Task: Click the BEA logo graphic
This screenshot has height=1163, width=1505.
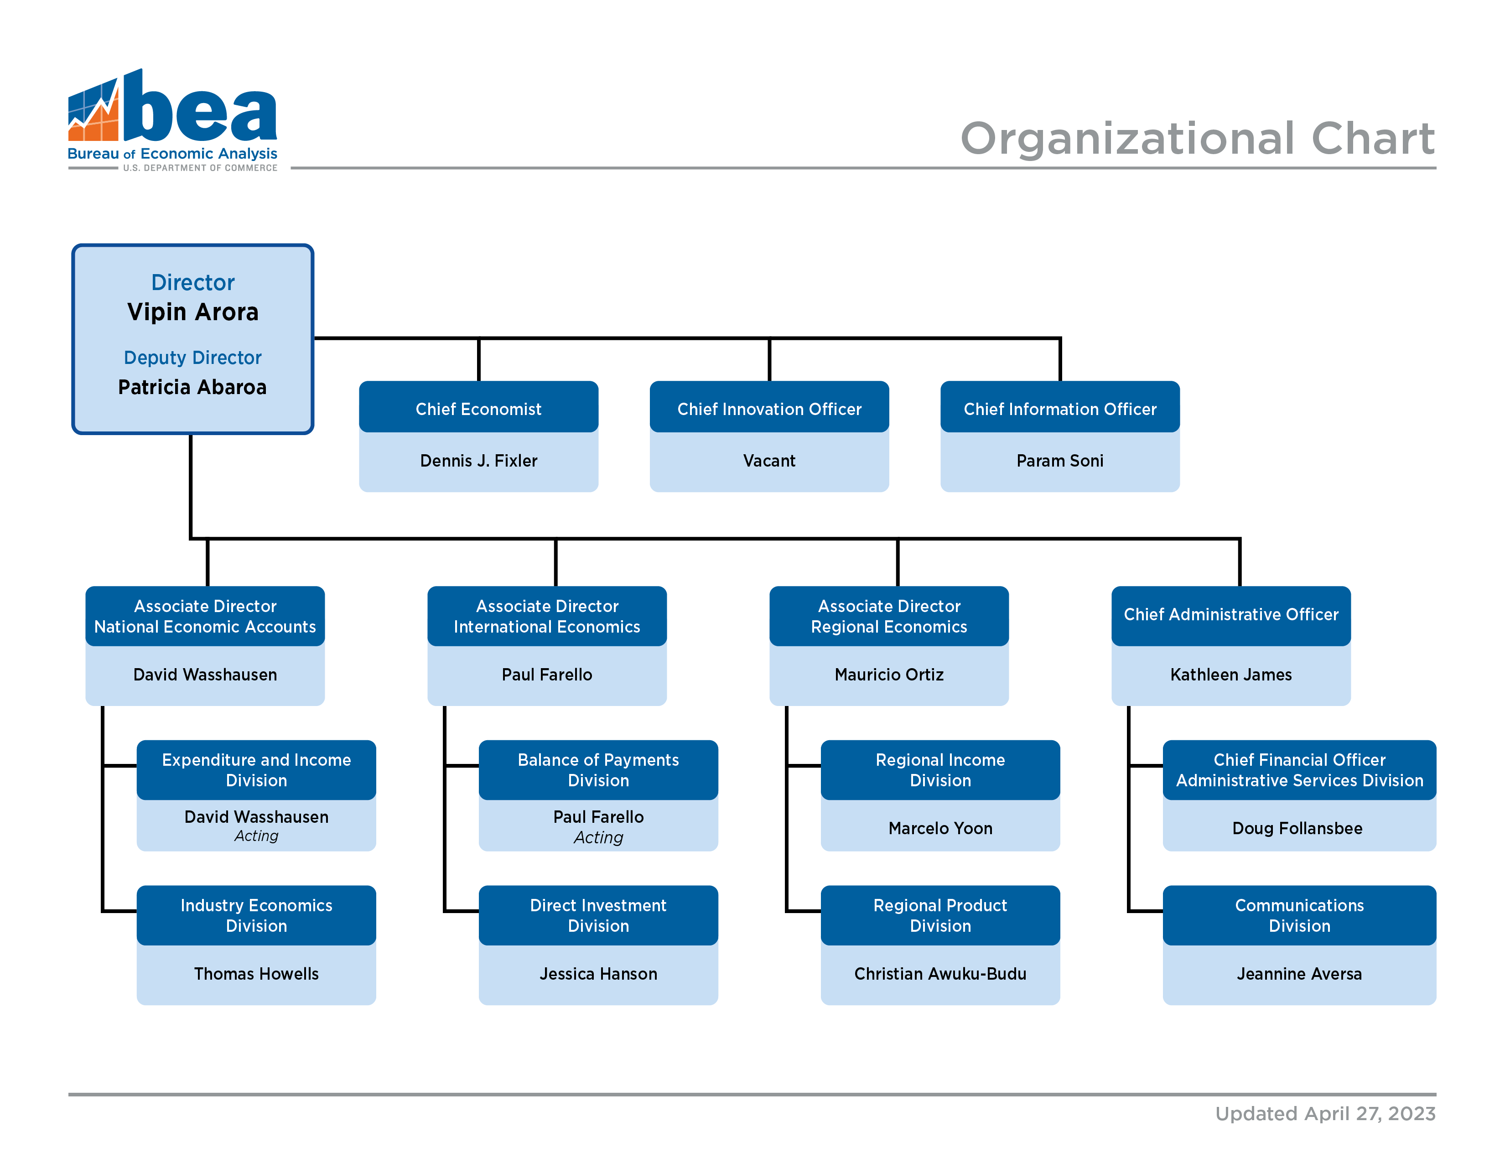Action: click(x=172, y=120)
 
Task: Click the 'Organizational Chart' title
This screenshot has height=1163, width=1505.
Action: click(x=1197, y=139)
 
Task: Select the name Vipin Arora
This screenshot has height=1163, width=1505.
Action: click(x=193, y=312)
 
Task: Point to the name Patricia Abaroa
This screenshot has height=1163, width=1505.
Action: click(x=192, y=387)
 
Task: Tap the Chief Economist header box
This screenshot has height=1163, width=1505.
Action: click(x=478, y=407)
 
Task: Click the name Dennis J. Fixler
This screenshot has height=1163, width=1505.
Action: click(x=478, y=461)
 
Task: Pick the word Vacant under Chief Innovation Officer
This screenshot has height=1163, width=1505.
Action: click(x=769, y=461)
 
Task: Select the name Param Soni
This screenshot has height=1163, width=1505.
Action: click(x=1060, y=461)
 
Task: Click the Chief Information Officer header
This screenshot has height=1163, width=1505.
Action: click(x=1060, y=407)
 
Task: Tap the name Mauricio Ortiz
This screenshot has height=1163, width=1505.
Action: click(x=889, y=675)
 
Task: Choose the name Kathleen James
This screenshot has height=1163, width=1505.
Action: click(x=1231, y=675)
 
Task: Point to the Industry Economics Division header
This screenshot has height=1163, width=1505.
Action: click(x=256, y=915)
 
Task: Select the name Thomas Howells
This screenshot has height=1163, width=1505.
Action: click(x=256, y=974)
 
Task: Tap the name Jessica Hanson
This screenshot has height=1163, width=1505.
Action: click(x=598, y=974)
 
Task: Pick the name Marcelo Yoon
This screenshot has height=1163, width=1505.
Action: click(x=940, y=828)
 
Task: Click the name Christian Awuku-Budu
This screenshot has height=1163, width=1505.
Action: click(x=940, y=974)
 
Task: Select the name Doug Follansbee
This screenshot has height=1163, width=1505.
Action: click(x=1297, y=828)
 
